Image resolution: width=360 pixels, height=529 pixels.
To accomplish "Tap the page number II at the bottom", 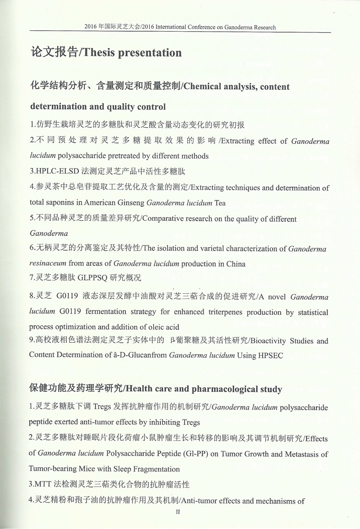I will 178,513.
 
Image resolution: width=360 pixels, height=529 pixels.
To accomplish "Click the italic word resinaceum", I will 48,264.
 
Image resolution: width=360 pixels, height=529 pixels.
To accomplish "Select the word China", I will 235,264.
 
